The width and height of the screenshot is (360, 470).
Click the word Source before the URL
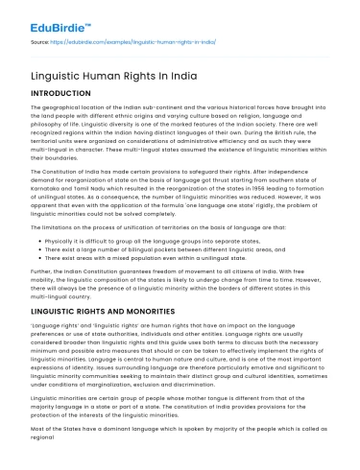38,44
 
